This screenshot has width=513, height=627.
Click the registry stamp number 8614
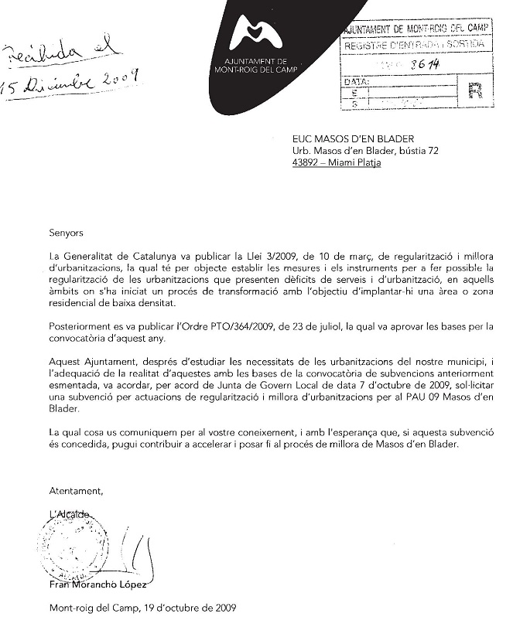pos(420,65)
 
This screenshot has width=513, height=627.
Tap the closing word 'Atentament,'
pos(76,491)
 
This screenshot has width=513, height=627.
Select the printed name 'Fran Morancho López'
pos(97,585)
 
